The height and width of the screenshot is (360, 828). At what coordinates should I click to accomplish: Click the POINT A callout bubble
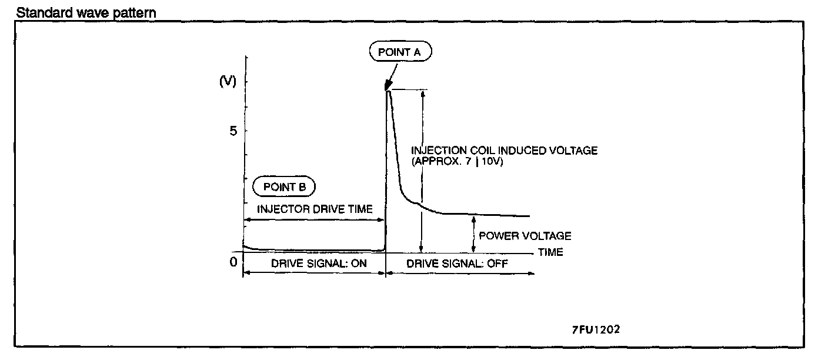tap(400, 52)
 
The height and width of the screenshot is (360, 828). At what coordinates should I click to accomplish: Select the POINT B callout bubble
tap(285, 187)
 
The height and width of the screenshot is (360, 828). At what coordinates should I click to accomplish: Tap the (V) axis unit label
tap(227, 82)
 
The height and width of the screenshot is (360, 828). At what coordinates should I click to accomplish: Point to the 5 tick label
tap(233, 131)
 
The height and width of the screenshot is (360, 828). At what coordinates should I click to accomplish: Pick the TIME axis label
tap(550, 252)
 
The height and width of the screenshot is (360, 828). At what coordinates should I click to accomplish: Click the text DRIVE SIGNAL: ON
tap(319, 264)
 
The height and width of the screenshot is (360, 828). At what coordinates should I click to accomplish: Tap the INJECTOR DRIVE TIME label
tap(315, 209)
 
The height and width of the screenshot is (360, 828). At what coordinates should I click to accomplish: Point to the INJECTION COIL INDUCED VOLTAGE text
tap(504, 151)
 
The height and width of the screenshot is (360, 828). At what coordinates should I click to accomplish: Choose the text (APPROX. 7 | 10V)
tap(457, 161)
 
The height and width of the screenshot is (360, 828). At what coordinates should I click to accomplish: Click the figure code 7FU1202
tap(595, 329)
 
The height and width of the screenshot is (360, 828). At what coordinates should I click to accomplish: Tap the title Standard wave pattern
tap(86, 12)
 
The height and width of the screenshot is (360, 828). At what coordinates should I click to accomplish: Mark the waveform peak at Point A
tap(388, 90)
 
